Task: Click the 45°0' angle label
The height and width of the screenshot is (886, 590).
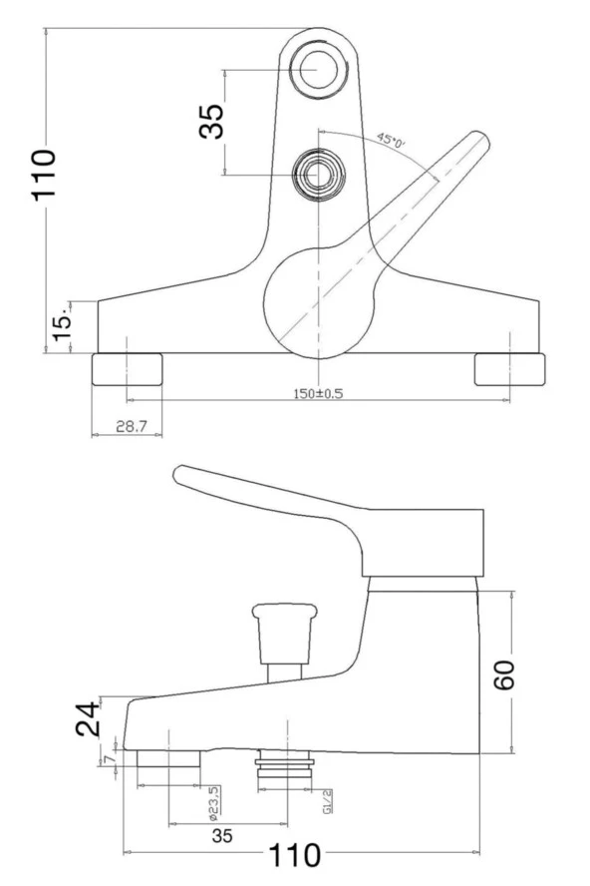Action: coord(391,141)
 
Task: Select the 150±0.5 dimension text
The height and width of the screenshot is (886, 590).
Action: coord(317,393)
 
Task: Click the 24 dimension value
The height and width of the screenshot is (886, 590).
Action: coord(90,717)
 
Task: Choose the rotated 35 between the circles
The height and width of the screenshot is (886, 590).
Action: coord(211,122)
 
